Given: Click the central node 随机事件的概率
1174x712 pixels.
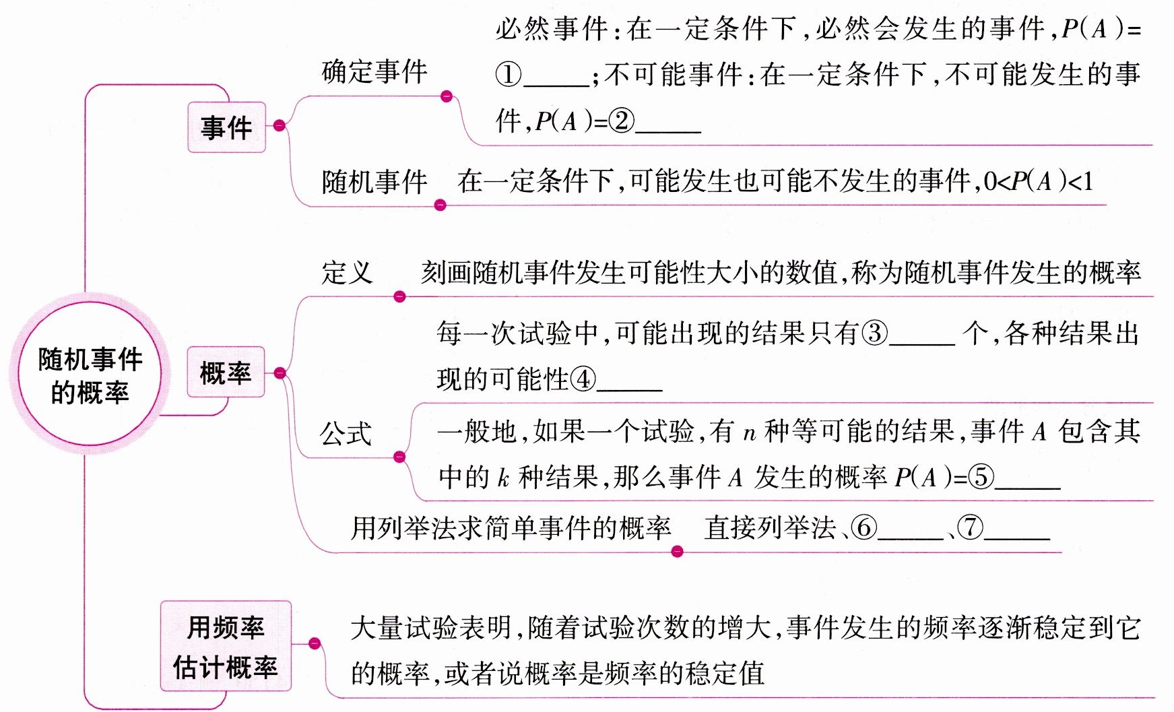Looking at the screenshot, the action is click(x=89, y=375).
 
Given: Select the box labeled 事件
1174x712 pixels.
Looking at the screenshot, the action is click(x=226, y=127).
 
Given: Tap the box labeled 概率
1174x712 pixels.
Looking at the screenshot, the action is click(x=226, y=373).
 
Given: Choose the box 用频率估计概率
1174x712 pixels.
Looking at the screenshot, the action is click(x=226, y=647).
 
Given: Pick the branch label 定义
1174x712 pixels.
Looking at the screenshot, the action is click(x=347, y=273).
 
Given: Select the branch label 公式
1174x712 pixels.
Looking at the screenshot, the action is click(x=346, y=433).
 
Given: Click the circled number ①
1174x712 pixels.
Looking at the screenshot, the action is click(x=509, y=74).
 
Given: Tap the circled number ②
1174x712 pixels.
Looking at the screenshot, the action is click(x=621, y=121).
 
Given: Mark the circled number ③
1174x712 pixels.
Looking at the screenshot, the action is click(x=875, y=333).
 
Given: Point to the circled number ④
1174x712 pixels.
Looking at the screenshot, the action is click(x=583, y=380).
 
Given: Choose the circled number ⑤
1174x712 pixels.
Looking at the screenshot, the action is click(x=981, y=478).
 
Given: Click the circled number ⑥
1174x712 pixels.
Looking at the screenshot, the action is click(x=864, y=527).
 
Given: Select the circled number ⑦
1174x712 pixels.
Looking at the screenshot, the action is click(x=970, y=527).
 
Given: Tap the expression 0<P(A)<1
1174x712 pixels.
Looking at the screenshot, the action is click(x=1038, y=181).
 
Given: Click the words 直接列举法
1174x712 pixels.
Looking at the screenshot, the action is click(x=769, y=527).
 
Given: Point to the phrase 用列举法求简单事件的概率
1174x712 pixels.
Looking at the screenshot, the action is click(x=511, y=527).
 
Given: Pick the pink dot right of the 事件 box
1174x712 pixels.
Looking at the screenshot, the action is click(x=280, y=125).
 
